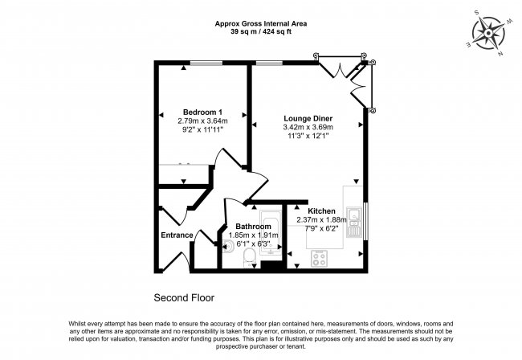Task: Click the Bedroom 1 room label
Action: click(x=202, y=112)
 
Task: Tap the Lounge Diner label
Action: click(x=308, y=118)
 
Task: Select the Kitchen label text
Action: click(x=321, y=211)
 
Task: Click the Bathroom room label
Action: click(x=253, y=227)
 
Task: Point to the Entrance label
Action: click(x=177, y=235)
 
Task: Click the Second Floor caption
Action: click(x=184, y=298)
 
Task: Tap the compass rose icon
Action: click(x=489, y=33)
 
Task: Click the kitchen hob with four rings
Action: click(x=319, y=259)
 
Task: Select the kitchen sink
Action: click(x=354, y=222)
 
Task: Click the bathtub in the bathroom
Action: click(x=271, y=233)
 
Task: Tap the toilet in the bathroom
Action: click(x=249, y=258)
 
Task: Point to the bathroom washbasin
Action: click(x=228, y=246)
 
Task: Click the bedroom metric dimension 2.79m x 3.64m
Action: click(x=202, y=121)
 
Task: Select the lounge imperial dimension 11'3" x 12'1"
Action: click(x=308, y=136)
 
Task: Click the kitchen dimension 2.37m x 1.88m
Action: click(x=321, y=220)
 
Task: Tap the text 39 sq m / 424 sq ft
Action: click(x=261, y=32)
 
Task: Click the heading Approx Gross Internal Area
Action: click(x=261, y=23)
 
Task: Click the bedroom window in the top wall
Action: click(x=206, y=63)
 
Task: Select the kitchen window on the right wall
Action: click(x=365, y=221)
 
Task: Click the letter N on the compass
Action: click(x=500, y=54)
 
